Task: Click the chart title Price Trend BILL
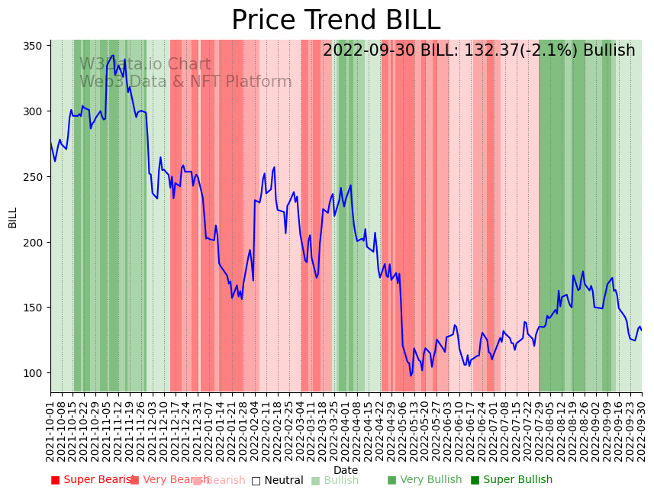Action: (x=336, y=21)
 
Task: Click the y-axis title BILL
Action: (x=13, y=217)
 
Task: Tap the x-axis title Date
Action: (x=346, y=470)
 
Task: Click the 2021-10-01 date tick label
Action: (x=51, y=424)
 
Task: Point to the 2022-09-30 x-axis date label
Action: (x=642, y=424)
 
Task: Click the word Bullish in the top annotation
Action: (x=609, y=51)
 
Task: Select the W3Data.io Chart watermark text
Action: (x=145, y=65)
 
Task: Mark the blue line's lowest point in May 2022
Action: (x=411, y=375)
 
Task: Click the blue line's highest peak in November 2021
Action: (x=113, y=56)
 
